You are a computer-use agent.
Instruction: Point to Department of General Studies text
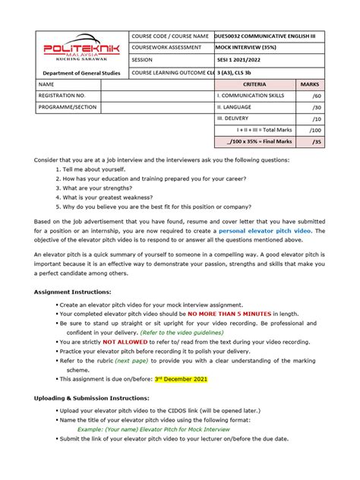[81, 73]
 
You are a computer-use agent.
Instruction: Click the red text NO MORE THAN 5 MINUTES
[230, 313]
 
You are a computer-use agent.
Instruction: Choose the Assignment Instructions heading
[73, 292]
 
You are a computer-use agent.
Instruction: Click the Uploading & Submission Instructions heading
[97, 398]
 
